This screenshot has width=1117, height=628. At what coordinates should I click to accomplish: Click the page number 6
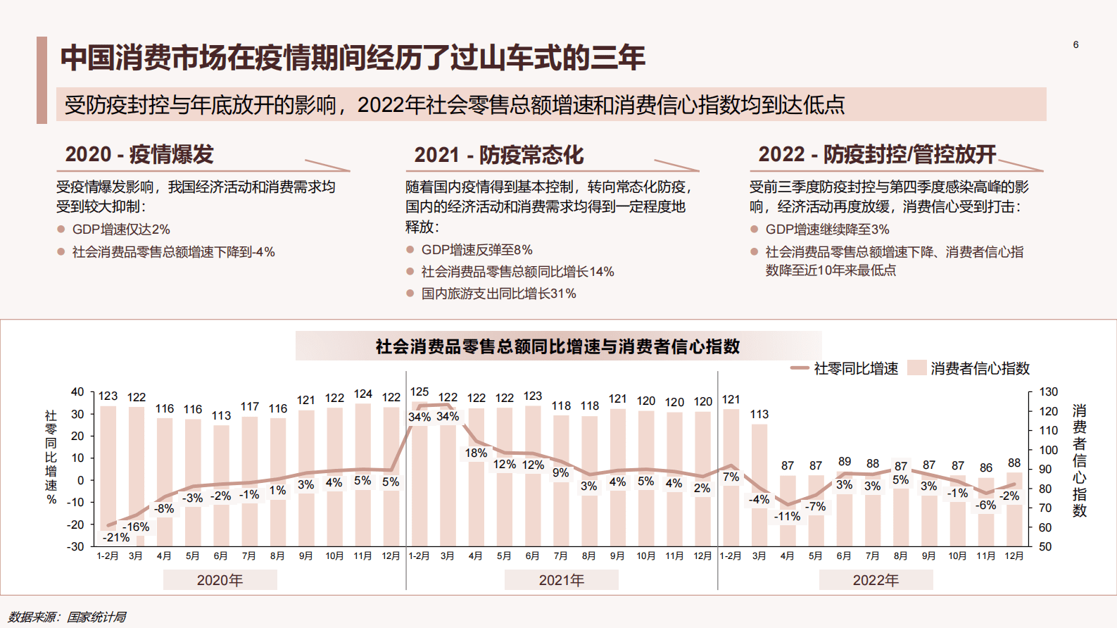(x=1075, y=44)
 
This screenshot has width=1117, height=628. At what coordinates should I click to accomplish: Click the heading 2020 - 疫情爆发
(x=139, y=154)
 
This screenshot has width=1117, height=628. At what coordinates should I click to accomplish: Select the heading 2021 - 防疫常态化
(x=498, y=155)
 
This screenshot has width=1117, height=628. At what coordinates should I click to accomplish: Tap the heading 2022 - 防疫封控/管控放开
(x=877, y=154)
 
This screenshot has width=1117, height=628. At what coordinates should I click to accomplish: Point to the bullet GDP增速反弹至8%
(x=477, y=250)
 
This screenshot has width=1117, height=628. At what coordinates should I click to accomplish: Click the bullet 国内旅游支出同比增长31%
(x=498, y=294)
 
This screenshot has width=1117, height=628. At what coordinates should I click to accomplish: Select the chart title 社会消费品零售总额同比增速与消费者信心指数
(x=557, y=346)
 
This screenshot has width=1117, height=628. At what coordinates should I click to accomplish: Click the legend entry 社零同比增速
(x=855, y=368)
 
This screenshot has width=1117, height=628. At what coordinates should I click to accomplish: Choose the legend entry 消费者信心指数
(x=979, y=368)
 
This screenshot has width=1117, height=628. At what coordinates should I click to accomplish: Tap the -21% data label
(x=116, y=537)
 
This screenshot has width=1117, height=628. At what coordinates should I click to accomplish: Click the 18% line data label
(x=476, y=453)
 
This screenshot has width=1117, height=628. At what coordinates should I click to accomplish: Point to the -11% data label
(x=787, y=516)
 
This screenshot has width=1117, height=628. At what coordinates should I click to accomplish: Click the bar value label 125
(x=419, y=391)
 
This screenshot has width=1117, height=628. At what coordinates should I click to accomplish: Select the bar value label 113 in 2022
(x=759, y=414)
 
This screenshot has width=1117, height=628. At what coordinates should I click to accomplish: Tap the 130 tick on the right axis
(x=1048, y=391)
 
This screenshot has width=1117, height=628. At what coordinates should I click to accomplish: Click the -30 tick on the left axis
(x=75, y=546)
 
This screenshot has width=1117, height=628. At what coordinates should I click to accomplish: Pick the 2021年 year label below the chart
(x=561, y=580)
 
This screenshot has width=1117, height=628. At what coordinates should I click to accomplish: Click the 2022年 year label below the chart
(x=876, y=580)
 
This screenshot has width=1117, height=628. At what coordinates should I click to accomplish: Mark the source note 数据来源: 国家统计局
(x=68, y=617)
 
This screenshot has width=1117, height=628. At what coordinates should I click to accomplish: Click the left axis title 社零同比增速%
(x=51, y=457)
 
